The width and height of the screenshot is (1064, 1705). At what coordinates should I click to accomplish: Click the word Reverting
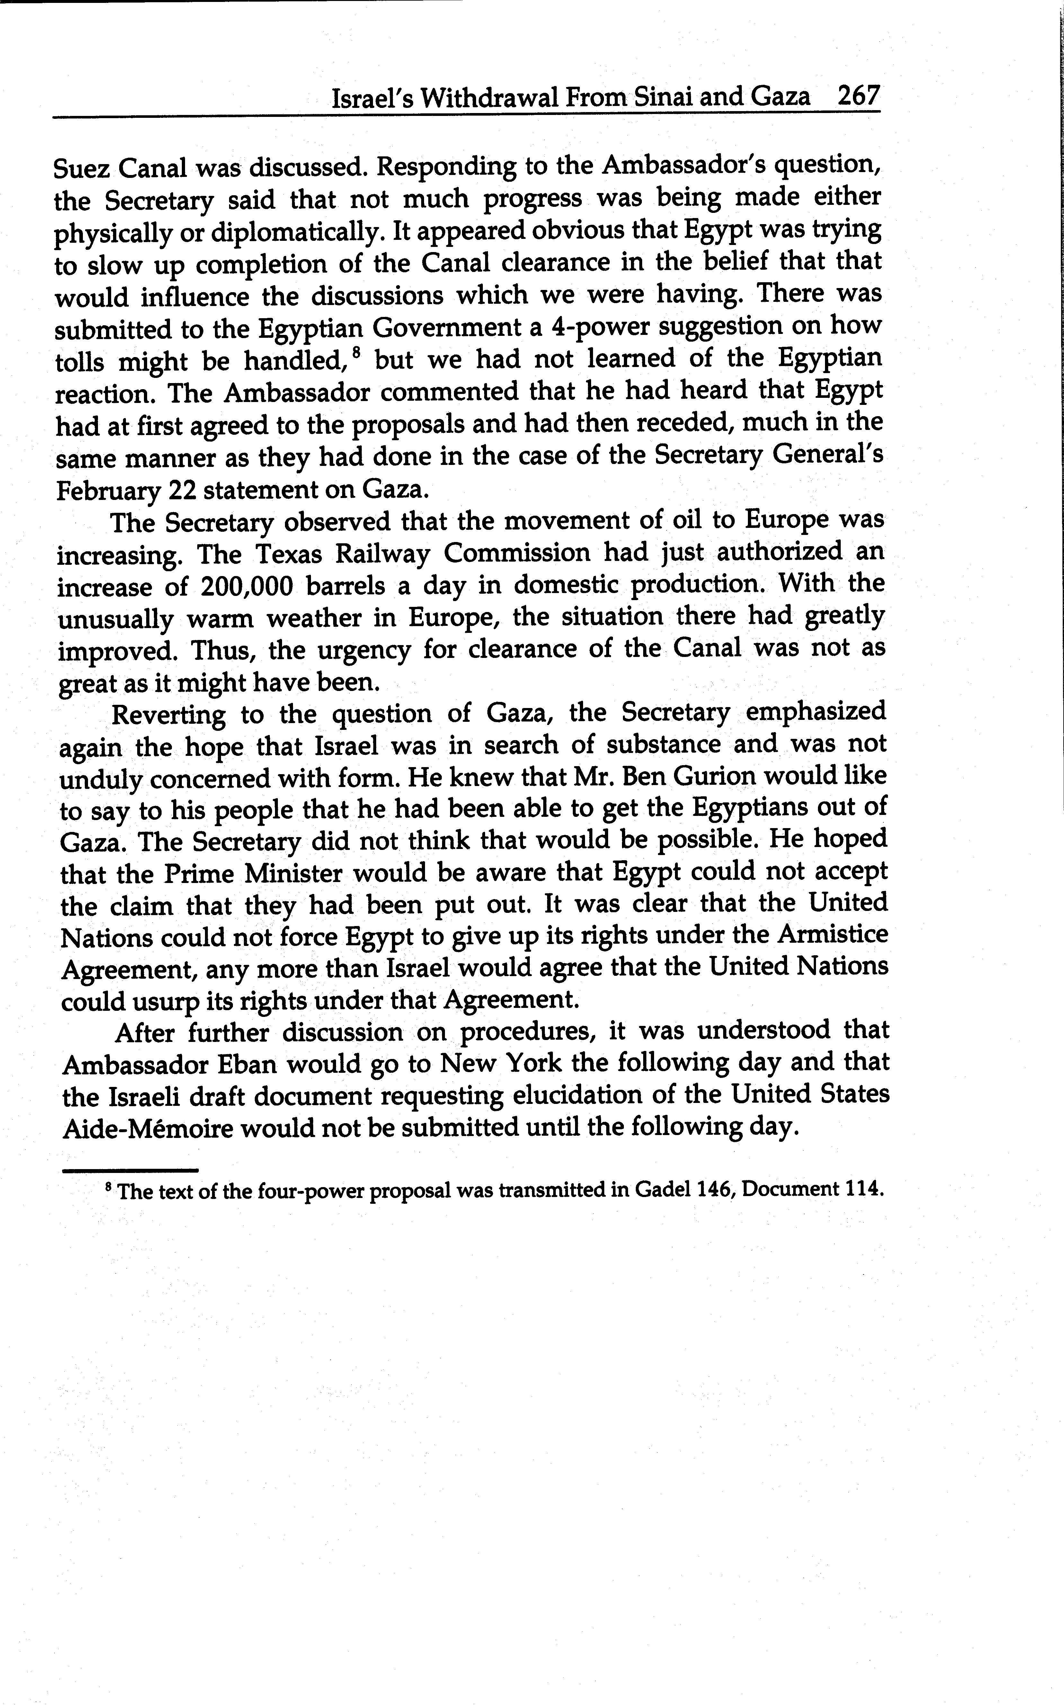click(x=169, y=715)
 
